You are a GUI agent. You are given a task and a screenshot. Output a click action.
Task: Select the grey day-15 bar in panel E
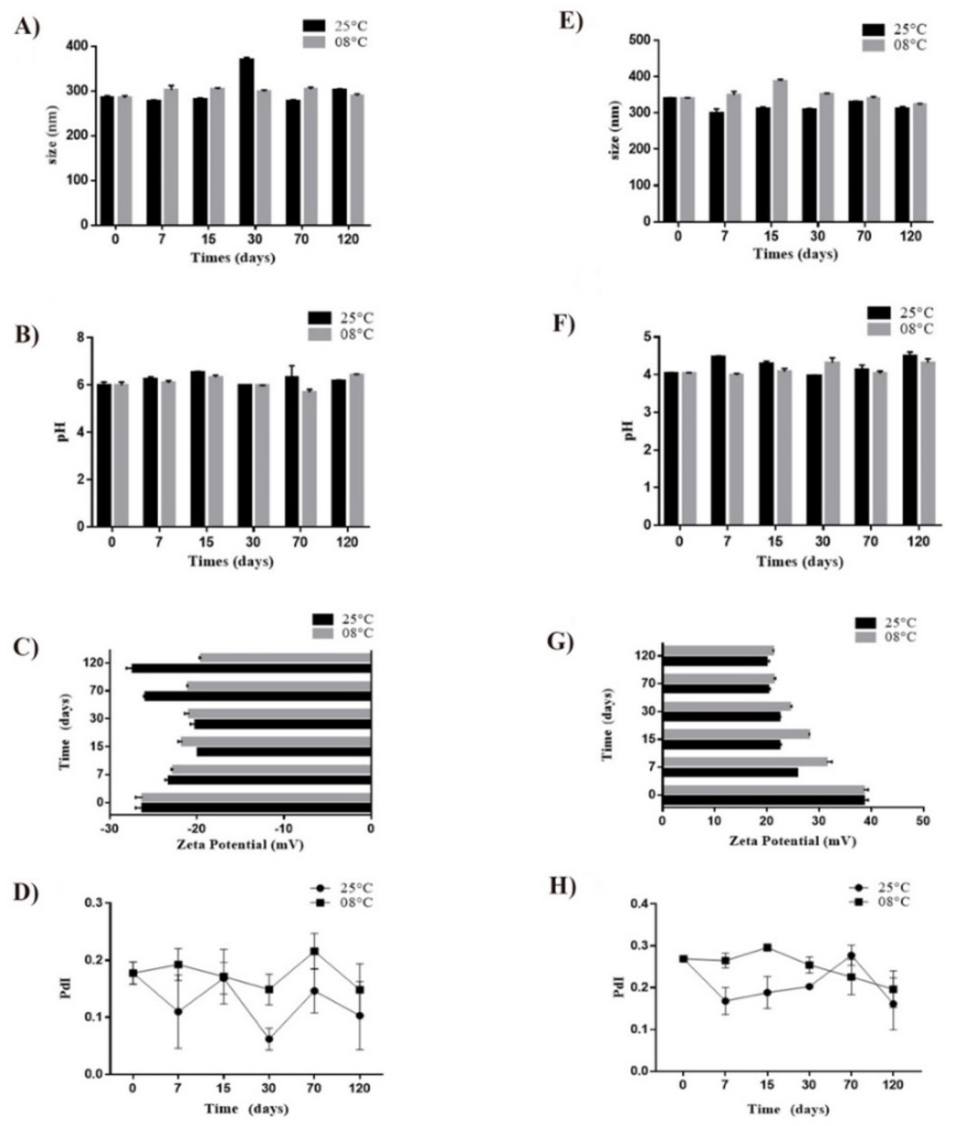tap(779, 151)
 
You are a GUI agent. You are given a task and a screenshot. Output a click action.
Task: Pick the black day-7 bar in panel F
tap(718, 440)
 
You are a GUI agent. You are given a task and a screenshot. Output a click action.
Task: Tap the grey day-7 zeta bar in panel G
tap(745, 762)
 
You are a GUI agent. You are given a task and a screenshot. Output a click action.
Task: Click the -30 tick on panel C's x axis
tap(110, 829)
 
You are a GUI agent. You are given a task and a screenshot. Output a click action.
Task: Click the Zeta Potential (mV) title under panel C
tap(240, 845)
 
